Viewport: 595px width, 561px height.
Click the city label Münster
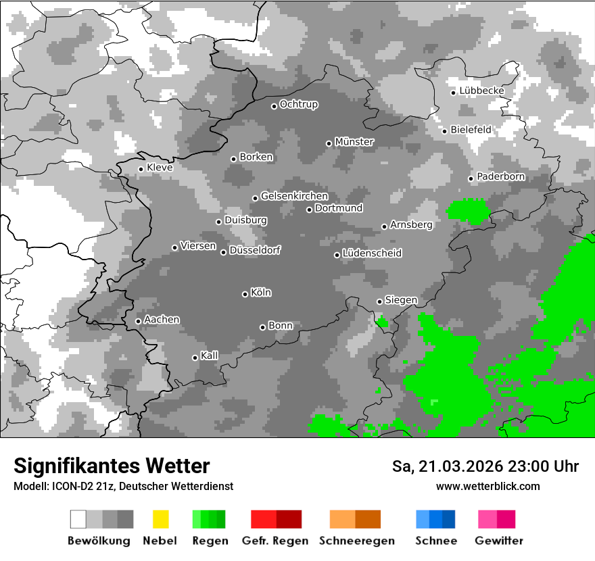(354, 142)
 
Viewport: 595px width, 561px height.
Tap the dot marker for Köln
(245, 294)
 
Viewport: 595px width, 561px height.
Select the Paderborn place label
(500, 176)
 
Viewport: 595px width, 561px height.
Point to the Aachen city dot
(138, 321)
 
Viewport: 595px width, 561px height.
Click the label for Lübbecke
(481, 91)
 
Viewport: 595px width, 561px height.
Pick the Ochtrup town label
(298, 104)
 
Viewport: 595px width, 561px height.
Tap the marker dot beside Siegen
(379, 301)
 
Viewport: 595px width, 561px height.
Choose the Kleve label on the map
(160, 168)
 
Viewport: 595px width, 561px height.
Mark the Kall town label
(209, 356)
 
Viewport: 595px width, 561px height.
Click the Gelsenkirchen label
(294, 196)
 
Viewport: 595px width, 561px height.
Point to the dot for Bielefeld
(444, 130)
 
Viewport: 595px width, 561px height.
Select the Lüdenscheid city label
(372, 253)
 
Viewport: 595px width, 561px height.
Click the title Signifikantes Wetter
(112, 466)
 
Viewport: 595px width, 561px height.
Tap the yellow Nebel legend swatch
(160, 519)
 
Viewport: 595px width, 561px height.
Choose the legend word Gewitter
(498, 541)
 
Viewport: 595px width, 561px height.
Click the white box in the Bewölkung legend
(78, 519)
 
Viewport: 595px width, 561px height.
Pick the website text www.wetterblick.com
(487, 486)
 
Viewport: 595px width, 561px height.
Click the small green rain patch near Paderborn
(469, 212)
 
